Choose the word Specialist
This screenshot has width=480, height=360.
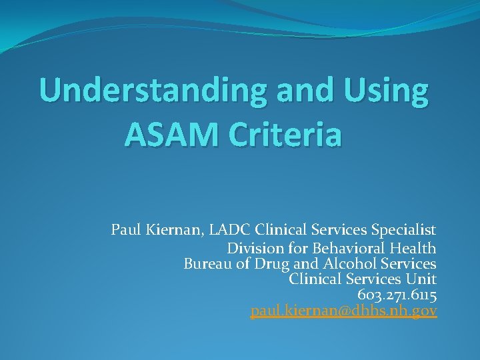coord(405,231)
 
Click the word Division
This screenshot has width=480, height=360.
coord(253,249)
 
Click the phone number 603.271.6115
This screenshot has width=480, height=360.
coord(397,295)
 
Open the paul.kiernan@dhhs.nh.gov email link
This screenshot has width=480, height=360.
coord(343,311)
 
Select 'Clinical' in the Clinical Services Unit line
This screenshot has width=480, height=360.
coord(313,279)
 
